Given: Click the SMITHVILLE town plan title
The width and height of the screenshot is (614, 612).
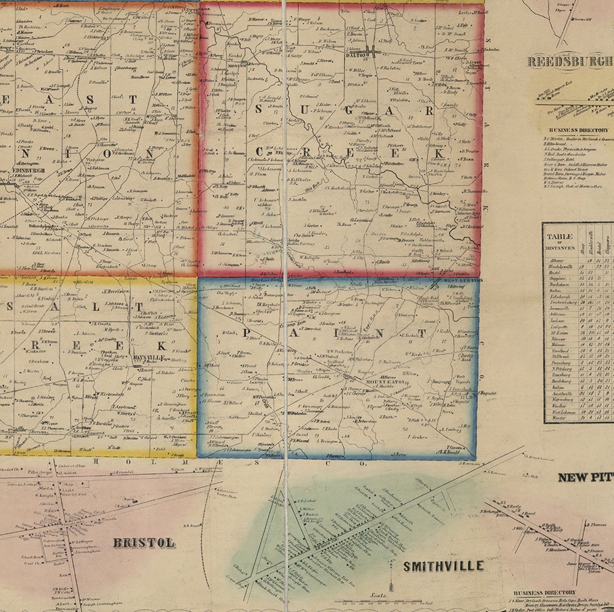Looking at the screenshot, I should click(x=443, y=566).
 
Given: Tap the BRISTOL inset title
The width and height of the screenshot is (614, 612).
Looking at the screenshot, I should click(x=144, y=543).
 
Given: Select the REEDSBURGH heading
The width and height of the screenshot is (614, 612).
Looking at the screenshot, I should click(x=570, y=62).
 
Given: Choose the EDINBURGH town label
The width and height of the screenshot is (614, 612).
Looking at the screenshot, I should click(x=29, y=170).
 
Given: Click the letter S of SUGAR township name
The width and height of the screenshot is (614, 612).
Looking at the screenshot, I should click(x=258, y=109).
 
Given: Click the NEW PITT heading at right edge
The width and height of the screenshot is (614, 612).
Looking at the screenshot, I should click(x=585, y=478).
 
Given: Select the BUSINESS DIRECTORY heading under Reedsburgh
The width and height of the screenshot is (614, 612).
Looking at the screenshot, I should click(x=578, y=130).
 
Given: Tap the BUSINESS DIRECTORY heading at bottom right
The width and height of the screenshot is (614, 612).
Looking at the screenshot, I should click(x=545, y=593).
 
